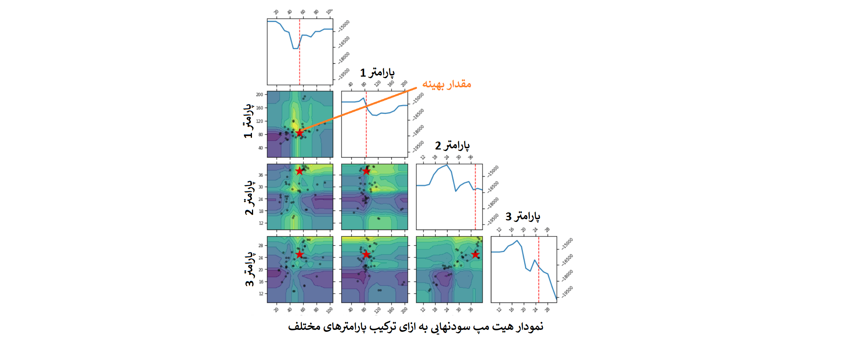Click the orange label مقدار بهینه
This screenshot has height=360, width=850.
[446, 84]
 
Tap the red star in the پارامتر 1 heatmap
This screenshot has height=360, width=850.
[300, 133]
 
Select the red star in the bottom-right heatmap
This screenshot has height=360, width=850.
[475, 254]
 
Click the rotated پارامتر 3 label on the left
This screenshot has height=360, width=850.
[249, 269]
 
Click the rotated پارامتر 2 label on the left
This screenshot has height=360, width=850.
[249, 198]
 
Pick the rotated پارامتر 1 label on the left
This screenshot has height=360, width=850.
[248, 121]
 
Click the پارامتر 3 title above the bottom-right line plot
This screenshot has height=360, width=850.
[523, 217]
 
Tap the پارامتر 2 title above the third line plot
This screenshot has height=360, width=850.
[452, 145]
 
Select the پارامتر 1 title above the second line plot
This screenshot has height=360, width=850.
[377, 72]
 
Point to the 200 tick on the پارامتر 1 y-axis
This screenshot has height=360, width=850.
[260, 95]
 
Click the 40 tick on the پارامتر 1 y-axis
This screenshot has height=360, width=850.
[261, 148]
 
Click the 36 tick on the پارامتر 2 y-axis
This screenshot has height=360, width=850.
[261, 175]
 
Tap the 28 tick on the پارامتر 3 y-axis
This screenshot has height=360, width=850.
[261, 246]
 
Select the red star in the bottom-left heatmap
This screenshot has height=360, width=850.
[300, 254]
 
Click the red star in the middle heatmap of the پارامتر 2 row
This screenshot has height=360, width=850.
[366, 171]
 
